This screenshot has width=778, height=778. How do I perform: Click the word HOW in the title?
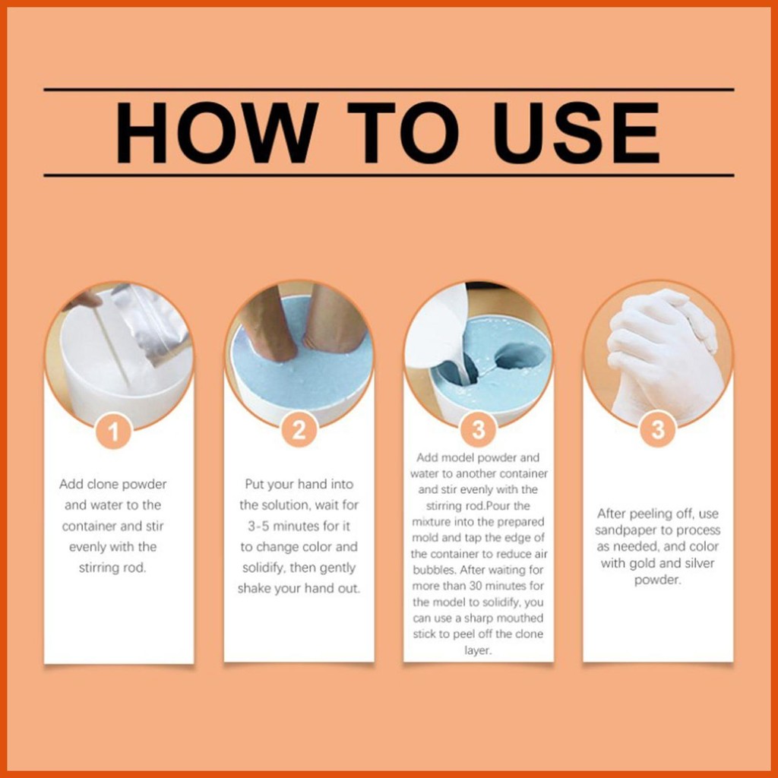pos(217,132)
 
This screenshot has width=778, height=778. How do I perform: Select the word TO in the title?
pos(403,132)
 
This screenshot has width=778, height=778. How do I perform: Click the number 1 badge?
pos(114,432)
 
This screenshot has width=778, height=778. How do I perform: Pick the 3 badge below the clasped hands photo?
pos(658,429)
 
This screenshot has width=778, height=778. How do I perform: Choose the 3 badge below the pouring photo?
pos(479,430)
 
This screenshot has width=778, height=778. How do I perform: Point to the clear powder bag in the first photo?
pos(149,322)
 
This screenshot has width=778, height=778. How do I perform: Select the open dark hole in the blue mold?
pos(520,356)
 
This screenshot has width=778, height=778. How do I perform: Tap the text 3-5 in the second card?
pos(259,526)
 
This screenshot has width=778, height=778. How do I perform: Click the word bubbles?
pos(434,570)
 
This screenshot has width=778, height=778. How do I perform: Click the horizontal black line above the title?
pos(389,90)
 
